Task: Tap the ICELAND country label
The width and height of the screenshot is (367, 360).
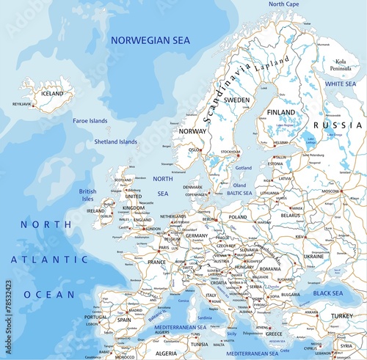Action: point(52,94)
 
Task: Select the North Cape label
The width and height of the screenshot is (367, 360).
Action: point(283,4)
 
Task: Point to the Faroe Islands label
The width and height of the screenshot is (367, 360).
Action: point(90,120)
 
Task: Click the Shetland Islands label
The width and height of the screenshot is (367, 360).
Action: point(115,142)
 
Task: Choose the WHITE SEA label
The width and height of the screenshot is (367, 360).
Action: point(340,84)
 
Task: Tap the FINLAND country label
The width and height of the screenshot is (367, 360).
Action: point(281,112)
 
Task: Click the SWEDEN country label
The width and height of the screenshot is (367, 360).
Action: point(236,99)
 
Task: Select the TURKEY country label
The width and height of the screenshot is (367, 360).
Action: point(341,316)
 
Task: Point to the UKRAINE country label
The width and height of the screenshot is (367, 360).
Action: point(313,257)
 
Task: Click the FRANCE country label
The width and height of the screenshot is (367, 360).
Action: point(156,262)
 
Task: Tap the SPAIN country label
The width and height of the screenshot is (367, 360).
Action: point(123,320)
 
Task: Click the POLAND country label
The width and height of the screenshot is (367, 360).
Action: point(238,217)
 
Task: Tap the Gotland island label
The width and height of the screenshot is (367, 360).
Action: point(243,168)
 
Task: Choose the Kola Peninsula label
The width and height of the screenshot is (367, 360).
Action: point(341,65)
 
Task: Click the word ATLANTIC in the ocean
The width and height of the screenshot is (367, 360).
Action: point(54,259)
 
